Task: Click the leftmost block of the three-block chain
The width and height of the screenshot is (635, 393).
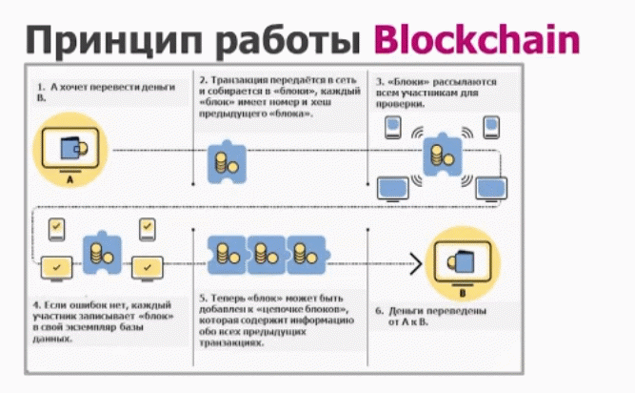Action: tap(228, 253)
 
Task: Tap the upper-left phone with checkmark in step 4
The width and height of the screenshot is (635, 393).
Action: tap(57, 229)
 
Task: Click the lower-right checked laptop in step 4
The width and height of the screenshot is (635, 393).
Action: tap(146, 265)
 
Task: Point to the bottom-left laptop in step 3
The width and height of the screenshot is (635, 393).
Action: tap(391, 186)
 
